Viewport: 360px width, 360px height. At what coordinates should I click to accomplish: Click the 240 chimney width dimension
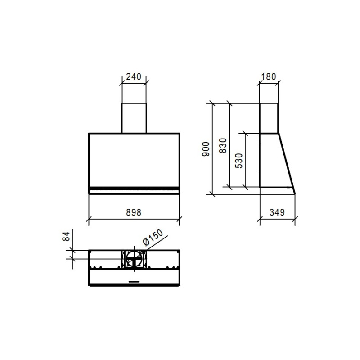click(134, 76)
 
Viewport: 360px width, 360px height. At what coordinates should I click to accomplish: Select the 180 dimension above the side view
click(268, 76)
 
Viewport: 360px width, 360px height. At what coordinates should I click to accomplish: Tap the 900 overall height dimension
click(206, 149)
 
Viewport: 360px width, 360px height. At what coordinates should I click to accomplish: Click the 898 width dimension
click(134, 212)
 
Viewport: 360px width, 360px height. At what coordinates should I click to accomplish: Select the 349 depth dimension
click(278, 212)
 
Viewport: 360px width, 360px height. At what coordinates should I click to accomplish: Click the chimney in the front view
click(134, 118)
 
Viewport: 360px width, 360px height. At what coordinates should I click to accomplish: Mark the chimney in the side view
click(269, 118)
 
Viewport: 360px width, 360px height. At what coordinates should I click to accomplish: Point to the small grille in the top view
click(134, 282)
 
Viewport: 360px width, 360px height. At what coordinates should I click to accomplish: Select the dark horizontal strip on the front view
click(134, 188)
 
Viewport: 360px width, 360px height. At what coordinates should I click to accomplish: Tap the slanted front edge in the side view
click(287, 162)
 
